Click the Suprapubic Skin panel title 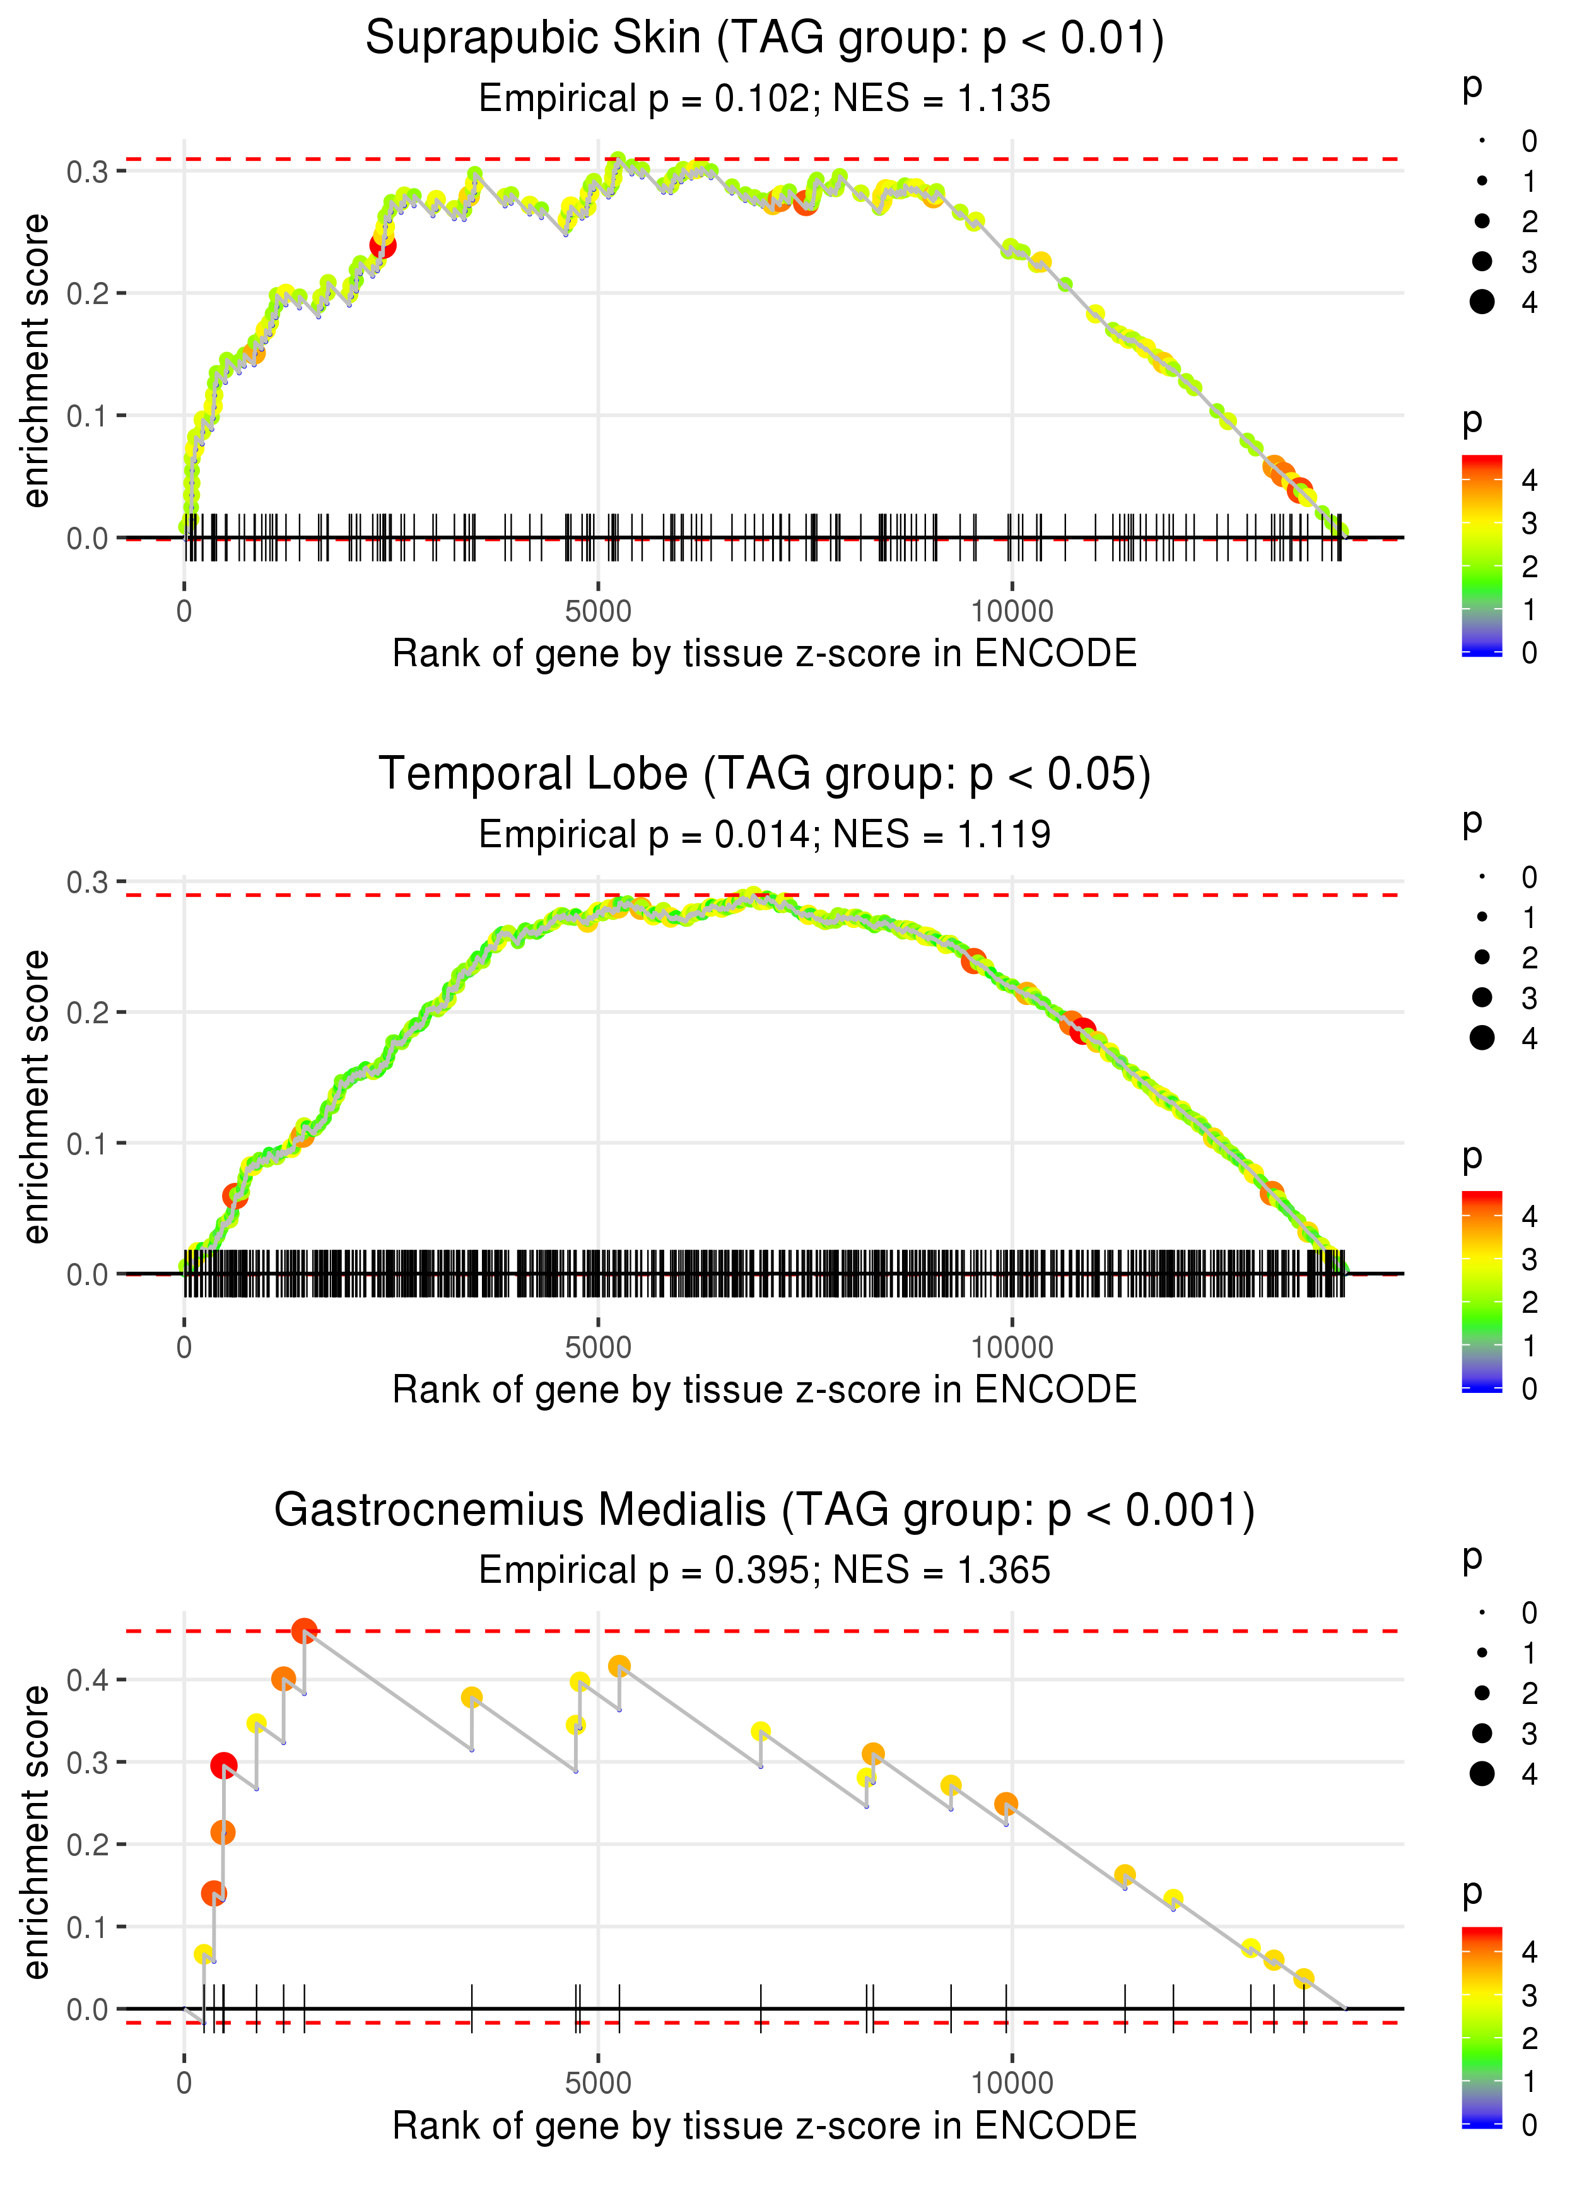[x=765, y=39]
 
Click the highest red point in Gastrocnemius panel [x=304, y=1631]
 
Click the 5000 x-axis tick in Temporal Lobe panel [x=598, y=1348]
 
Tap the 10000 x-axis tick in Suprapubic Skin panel [x=1012, y=612]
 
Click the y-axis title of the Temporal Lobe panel [x=36, y=1096]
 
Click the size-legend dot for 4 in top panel [x=1482, y=302]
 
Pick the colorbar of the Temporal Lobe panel [x=1482, y=1291]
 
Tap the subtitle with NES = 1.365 [x=765, y=1571]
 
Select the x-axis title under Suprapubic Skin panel [x=765, y=654]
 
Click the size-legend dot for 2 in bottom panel [x=1482, y=1693]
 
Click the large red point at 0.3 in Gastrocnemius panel [x=223, y=1765]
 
